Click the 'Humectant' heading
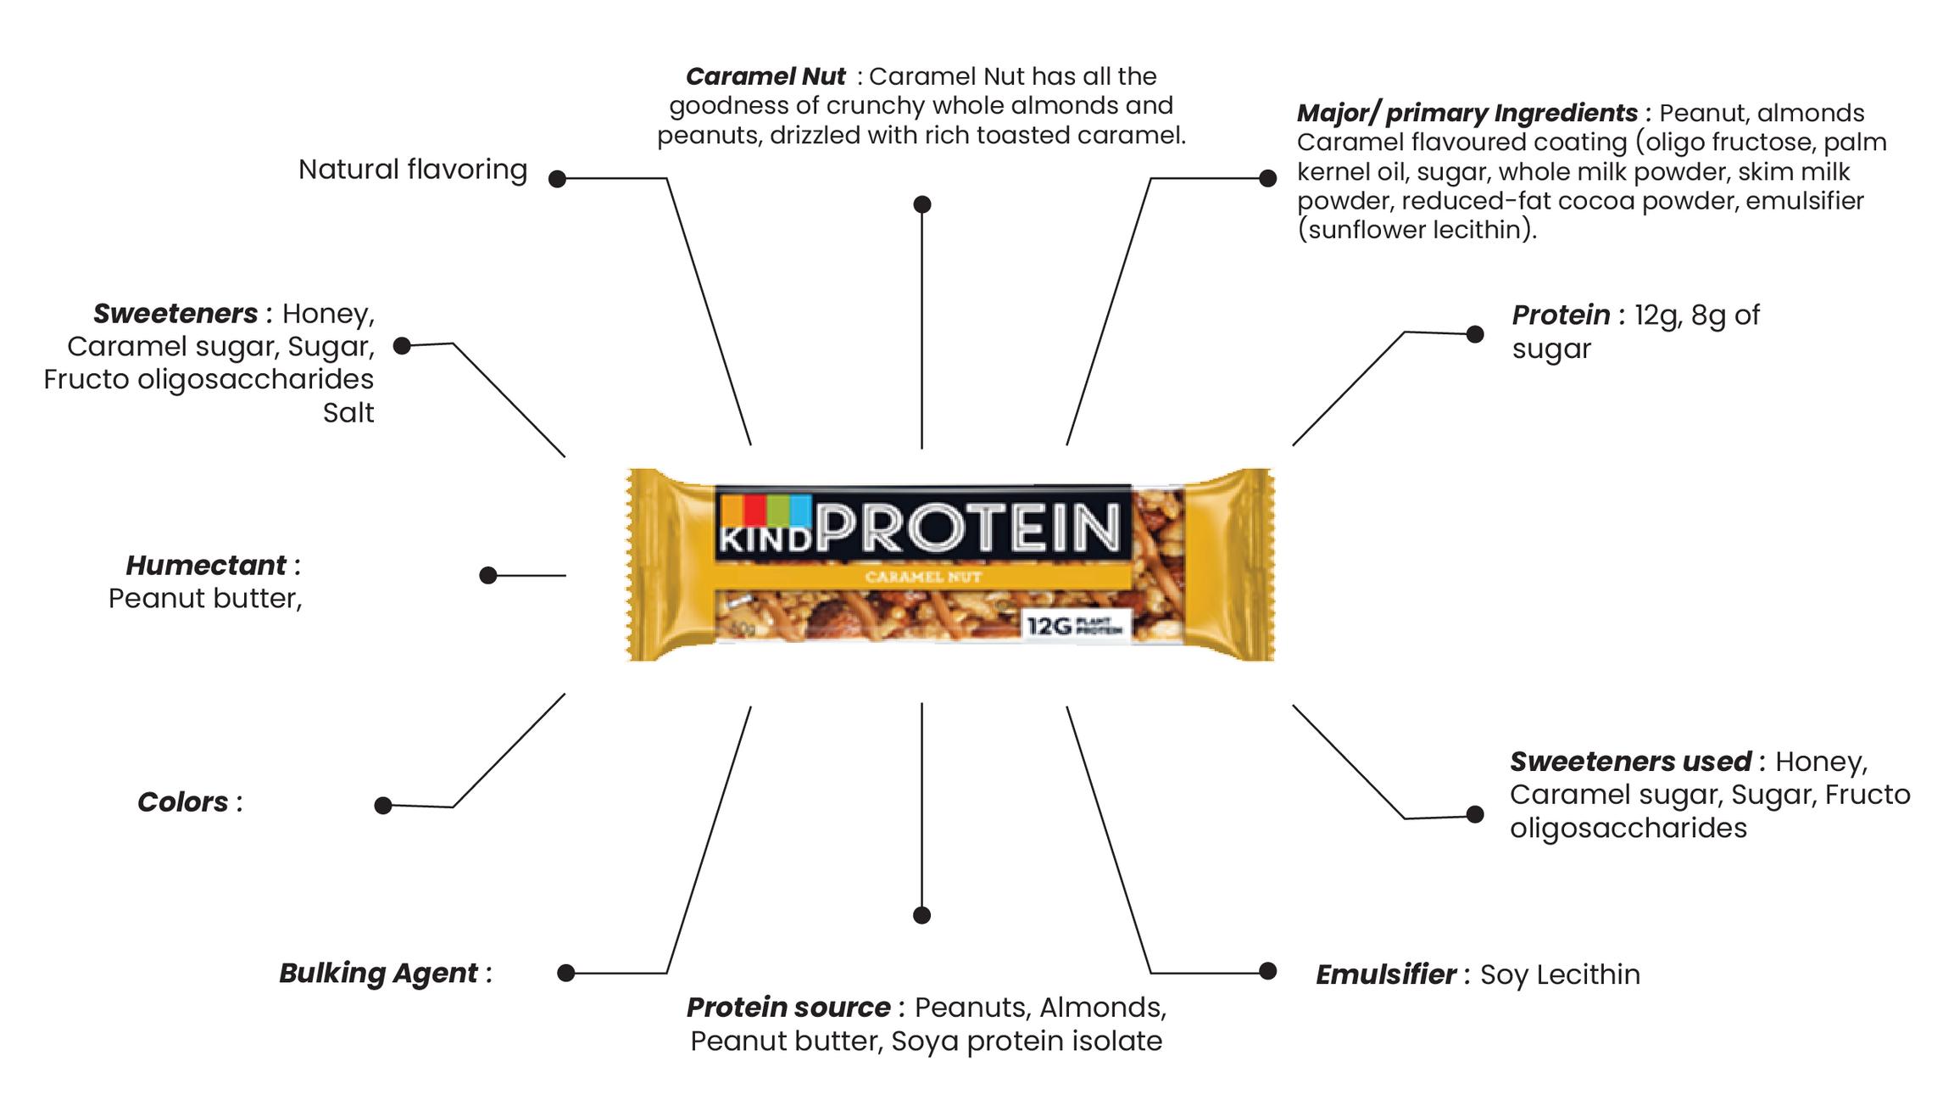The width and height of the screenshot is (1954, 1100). point(206,565)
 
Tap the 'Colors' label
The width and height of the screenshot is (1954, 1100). point(183,801)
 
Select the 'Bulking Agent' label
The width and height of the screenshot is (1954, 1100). point(378,973)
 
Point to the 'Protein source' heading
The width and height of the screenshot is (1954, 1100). point(788,1007)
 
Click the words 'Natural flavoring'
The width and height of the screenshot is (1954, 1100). point(413,170)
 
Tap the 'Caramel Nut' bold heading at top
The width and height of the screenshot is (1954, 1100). point(765,76)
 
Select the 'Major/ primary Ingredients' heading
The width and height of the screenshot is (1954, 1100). point(1467,113)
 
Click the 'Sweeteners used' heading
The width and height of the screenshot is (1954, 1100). point(1629,761)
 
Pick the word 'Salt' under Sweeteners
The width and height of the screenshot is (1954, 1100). point(348,412)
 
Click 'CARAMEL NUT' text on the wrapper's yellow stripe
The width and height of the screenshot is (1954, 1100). point(923,578)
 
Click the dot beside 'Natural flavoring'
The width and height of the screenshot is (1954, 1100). point(557,179)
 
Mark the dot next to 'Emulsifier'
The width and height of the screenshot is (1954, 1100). point(1267,971)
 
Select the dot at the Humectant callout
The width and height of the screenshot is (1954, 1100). point(487,576)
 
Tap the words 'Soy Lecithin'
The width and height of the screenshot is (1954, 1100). point(1560,974)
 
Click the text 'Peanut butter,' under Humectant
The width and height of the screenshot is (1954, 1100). point(205,599)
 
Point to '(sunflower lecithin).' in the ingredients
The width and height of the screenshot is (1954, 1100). point(1417,230)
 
